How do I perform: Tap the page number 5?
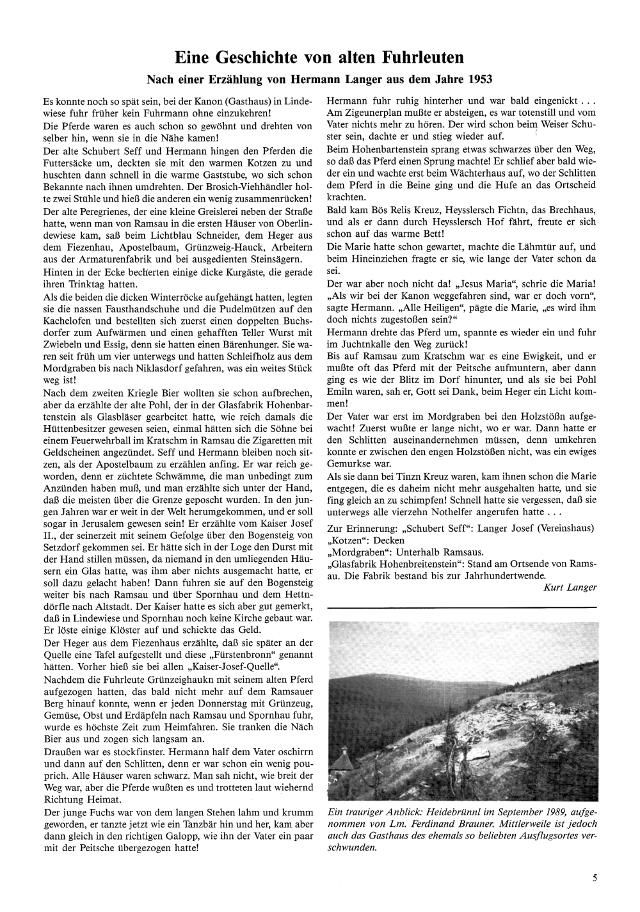pos(595,878)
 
